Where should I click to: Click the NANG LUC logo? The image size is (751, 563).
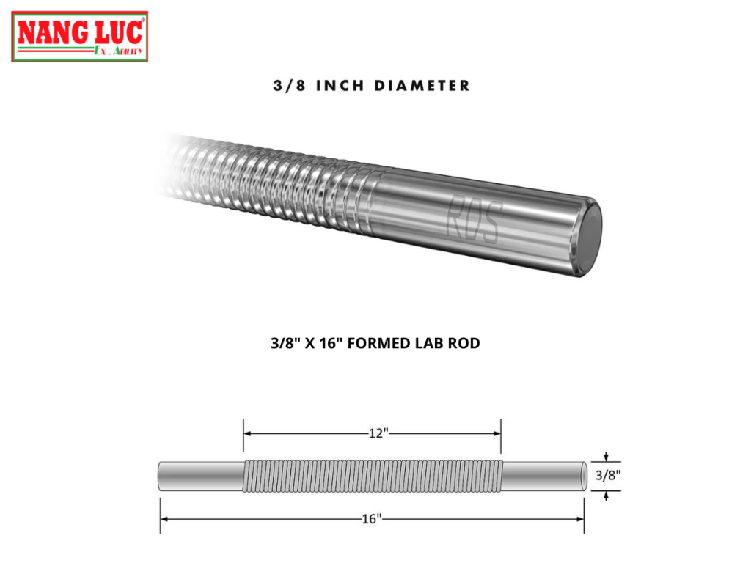point(79,35)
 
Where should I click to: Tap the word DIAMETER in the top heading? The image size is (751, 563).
point(422,86)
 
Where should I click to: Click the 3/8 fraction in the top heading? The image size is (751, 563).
point(287,86)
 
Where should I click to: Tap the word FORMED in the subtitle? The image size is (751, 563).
point(382,343)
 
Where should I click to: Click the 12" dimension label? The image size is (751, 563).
point(378,433)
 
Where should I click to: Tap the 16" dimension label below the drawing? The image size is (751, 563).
point(372,519)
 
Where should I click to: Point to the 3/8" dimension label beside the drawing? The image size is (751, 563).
point(608,475)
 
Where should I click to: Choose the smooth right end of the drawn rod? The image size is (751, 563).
point(543,476)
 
